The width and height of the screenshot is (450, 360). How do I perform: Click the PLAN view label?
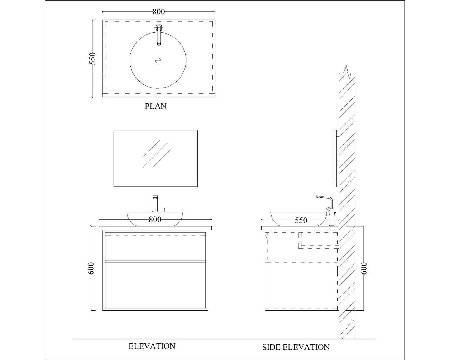point(155,106)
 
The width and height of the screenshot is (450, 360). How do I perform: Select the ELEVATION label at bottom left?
point(152,346)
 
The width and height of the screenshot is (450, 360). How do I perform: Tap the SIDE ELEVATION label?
point(296,347)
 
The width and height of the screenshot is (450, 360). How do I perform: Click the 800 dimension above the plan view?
point(159,12)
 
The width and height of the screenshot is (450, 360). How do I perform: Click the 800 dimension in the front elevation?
point(155,220)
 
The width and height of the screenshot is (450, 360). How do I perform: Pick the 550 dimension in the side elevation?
point(301,220)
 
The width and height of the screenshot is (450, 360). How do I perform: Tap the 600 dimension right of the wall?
point(364,268)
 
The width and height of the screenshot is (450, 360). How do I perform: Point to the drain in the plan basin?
point(158,61)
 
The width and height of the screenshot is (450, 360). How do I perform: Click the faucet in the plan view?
point(159,34)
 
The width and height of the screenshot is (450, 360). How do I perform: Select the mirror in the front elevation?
point(155,159)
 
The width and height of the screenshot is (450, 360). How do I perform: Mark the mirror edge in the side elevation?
point(335,159)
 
